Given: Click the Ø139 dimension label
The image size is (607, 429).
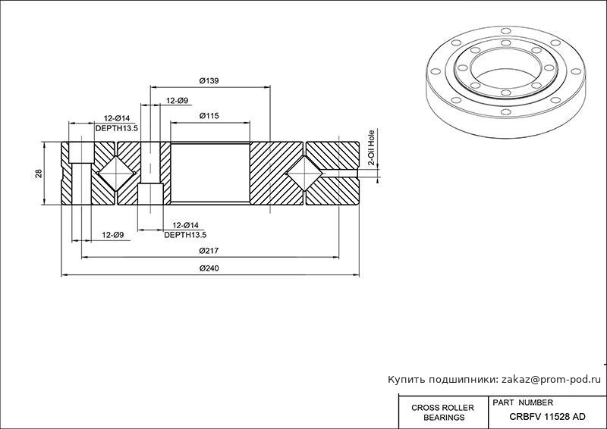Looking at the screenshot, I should click(209, 82).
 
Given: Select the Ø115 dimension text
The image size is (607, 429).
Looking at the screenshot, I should click(209, 116).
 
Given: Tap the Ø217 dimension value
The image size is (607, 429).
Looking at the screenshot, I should click(209, 250).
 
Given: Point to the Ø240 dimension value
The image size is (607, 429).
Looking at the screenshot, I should click(209, 268).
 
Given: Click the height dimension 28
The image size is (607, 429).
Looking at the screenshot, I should click(38, 174).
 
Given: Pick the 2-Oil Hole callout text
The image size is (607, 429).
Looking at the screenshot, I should click(371, 147).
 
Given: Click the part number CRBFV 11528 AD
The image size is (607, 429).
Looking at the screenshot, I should click(547, 416).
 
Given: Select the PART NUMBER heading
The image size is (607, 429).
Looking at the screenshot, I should click(523, 402).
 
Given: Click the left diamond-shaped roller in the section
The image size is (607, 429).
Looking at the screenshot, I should click(115, 174).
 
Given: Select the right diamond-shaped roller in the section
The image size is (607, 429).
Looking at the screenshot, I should click(305, 174).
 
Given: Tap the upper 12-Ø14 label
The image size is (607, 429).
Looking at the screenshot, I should click(117, 118).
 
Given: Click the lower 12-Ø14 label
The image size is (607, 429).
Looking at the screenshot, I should click(185, 225).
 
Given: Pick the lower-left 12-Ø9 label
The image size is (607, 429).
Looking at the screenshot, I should click(112, 235).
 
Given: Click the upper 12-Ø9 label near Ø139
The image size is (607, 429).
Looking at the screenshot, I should click(177, 100).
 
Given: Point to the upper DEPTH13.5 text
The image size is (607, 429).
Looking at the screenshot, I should click(116, 128).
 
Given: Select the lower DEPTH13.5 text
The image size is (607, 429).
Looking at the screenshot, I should click(185, 235).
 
